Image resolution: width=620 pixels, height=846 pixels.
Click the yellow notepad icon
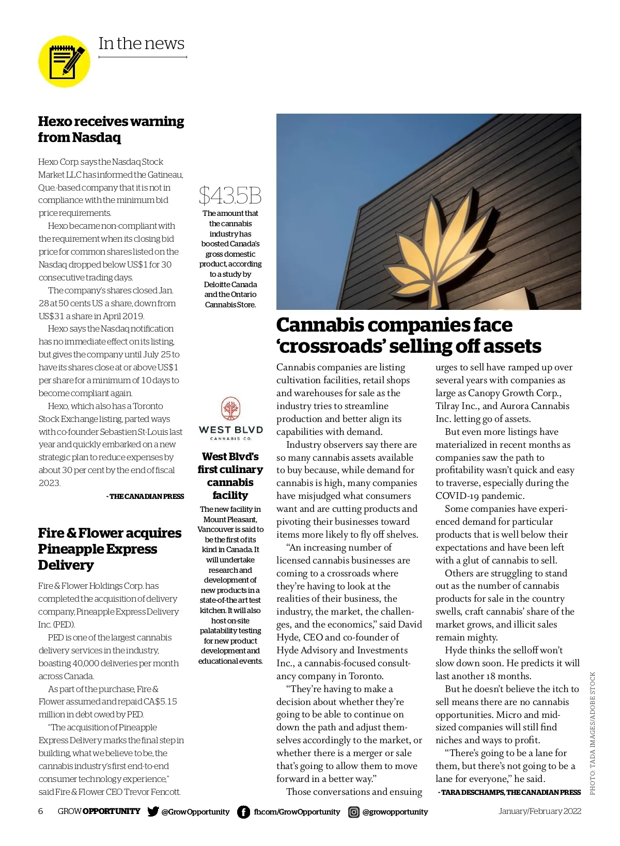pos(65,61)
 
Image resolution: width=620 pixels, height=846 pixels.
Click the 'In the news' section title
pos(141,44)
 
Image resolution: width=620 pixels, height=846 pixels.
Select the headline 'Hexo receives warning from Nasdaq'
pos(111,129)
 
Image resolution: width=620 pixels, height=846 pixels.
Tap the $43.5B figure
pos(230,196)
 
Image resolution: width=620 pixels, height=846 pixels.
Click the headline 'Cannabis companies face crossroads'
pos(408,335)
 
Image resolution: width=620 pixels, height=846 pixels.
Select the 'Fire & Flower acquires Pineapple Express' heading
pos(110,549)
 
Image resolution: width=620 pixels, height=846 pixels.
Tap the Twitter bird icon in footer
pos(153,811)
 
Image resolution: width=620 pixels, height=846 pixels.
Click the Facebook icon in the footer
pos(243,812)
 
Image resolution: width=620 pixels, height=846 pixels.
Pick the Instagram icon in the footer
pos(354,812)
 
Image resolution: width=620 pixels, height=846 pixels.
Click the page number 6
pos(41,811)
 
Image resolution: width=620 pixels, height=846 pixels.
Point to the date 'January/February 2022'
pos(539,811)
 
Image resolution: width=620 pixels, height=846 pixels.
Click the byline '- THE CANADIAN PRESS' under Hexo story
pos(145,496)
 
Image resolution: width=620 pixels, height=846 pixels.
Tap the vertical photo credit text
pos(593,733)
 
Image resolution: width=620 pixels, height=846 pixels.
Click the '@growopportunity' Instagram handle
pos(395,812)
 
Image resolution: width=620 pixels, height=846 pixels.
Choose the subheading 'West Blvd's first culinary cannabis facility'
pos(230,476)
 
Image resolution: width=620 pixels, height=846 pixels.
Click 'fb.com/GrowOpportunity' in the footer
pos(297,812)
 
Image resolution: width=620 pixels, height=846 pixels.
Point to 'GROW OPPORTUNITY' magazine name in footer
pos(99,811)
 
